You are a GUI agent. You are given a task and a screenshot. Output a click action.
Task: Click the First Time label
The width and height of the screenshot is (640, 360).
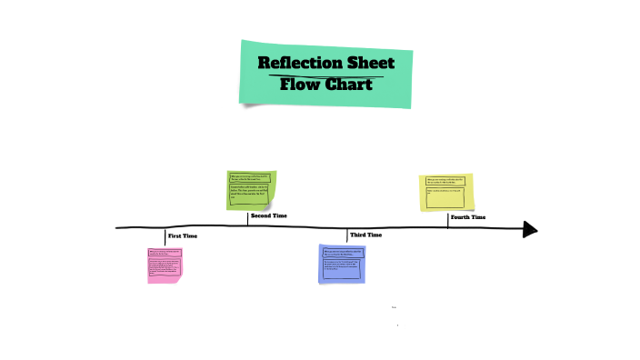pos(182,236)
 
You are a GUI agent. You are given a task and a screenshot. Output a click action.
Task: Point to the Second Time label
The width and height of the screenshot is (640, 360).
pos(268,216)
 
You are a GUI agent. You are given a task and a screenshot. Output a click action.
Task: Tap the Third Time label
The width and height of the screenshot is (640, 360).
pos(365,235)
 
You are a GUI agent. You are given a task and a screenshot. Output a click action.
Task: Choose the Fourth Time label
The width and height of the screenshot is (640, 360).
pos(467,217)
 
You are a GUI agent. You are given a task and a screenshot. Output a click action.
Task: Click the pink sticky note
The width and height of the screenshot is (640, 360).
pos(165,265)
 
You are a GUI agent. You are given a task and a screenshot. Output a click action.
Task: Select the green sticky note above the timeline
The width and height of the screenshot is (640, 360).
pos(251,190)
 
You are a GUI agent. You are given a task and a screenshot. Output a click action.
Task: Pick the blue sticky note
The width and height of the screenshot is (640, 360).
pos(342,264)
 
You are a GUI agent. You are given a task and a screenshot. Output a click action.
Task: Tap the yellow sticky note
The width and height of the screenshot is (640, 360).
pos(446,193)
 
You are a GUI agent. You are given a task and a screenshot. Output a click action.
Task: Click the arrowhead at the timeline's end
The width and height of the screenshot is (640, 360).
pos(530,229)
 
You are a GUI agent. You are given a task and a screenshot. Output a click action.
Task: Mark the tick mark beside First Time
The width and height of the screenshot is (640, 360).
pos(165,236)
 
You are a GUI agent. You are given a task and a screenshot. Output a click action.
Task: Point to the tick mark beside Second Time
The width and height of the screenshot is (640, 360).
pos(247,218)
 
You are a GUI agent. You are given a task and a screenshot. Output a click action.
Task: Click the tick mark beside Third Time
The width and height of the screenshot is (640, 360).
pos(347,235)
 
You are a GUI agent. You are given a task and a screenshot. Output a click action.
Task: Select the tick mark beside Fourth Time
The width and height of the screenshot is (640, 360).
pos(447,219)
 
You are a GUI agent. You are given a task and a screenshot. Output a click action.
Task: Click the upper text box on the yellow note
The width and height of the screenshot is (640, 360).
pos(446,181)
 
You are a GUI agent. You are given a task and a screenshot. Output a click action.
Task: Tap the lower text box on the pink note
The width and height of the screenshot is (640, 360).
pos(165,267)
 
